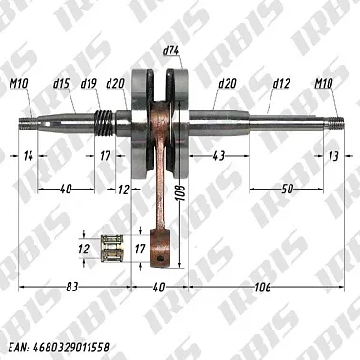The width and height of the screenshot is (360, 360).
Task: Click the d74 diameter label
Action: pos(172,49)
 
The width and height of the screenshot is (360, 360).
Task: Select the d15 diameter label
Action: pos(61,84)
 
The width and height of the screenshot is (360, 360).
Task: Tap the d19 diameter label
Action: pos(89,84)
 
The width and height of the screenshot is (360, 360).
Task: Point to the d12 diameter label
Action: pos(281,84)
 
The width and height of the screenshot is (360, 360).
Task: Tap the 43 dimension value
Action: pos(220,155)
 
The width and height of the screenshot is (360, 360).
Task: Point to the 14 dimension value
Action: pos(29,155)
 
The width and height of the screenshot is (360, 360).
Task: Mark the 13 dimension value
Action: pos(331,155)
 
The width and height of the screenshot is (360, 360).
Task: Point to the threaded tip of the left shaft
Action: pos(28,121)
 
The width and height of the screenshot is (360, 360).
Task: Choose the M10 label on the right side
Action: pos(325,84)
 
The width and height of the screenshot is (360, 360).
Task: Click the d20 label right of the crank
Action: pos(227,84)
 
